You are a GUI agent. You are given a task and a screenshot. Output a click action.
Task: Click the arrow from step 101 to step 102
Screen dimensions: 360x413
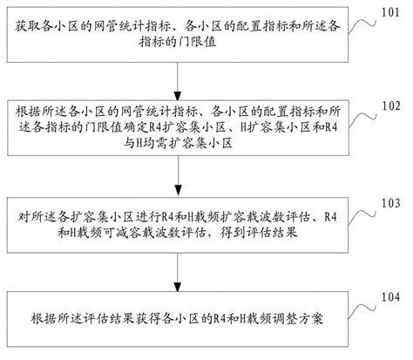point(179,73)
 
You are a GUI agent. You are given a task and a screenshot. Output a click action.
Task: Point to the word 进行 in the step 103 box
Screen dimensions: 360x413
point(118,214)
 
